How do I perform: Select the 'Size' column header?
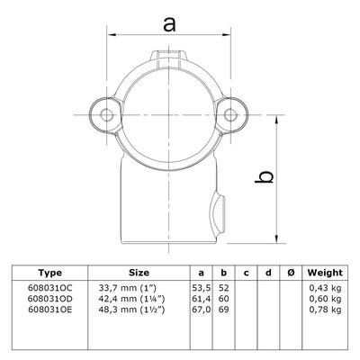[x=137, y=271]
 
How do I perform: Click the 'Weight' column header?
[x=324, y=271]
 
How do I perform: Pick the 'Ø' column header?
[x=287, y=271]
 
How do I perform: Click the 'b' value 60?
[x=224, y=298]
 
